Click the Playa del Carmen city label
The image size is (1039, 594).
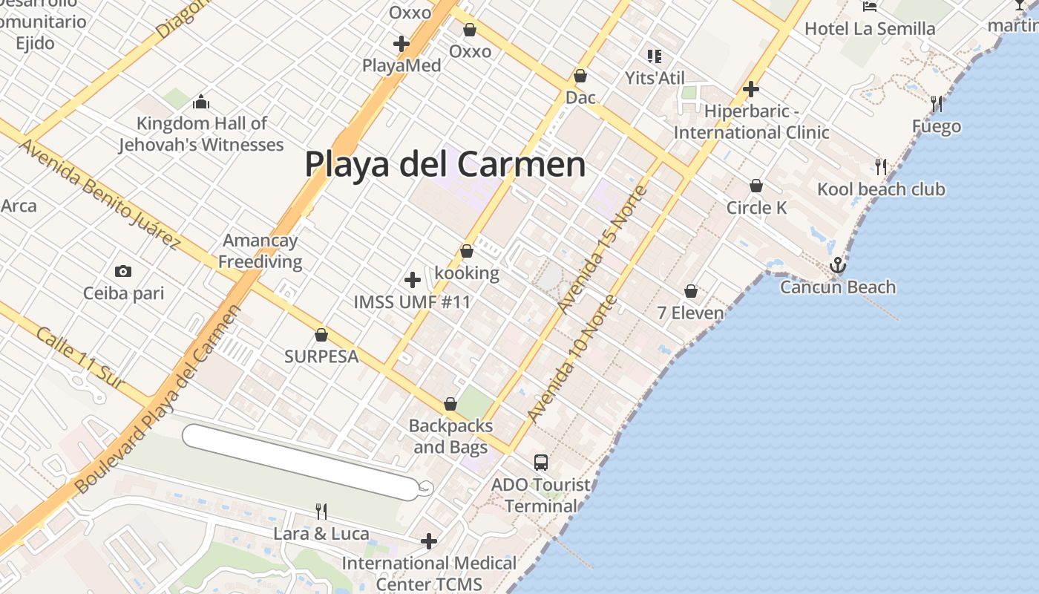(445, 164)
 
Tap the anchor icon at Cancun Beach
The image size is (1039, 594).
(838, 265)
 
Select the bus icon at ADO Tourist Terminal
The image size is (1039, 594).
(541, 463)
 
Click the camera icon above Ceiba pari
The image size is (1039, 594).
(123, 272)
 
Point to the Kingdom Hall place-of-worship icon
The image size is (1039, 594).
(200, 102)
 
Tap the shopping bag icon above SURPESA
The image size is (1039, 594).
(321, 335)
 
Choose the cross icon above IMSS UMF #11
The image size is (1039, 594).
(412, 280)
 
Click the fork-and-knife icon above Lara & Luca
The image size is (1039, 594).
(321, 511)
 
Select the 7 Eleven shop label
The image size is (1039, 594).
(690, 313)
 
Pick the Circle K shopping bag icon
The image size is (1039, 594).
(756, 186)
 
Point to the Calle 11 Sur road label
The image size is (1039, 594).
(79, 357)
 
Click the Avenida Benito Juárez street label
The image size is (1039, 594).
(100, 193)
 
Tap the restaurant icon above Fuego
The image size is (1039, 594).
(937, 104)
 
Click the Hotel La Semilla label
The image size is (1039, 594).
(870, 29)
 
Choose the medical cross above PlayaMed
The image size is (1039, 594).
(401, 44)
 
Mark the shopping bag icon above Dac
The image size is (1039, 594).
(580, 76)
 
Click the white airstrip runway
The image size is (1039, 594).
(301, 461)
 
